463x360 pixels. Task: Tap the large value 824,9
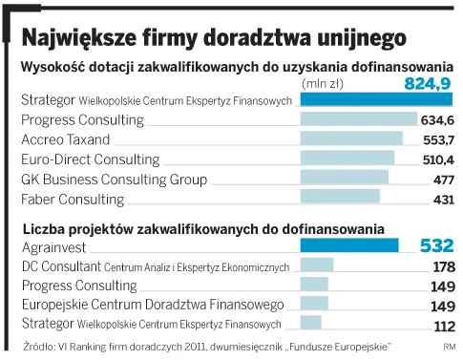[428, 85]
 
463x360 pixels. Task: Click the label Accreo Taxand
[65, 139]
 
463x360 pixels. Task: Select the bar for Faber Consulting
[340, 198]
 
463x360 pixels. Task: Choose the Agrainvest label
[52, 246]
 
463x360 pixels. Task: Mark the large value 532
[436, 246]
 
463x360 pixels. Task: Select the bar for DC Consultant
[316, 265]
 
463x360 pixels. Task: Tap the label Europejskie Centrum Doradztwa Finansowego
[152, 305]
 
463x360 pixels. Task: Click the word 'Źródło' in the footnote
[39, 346]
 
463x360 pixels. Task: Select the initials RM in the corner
[449, 346]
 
